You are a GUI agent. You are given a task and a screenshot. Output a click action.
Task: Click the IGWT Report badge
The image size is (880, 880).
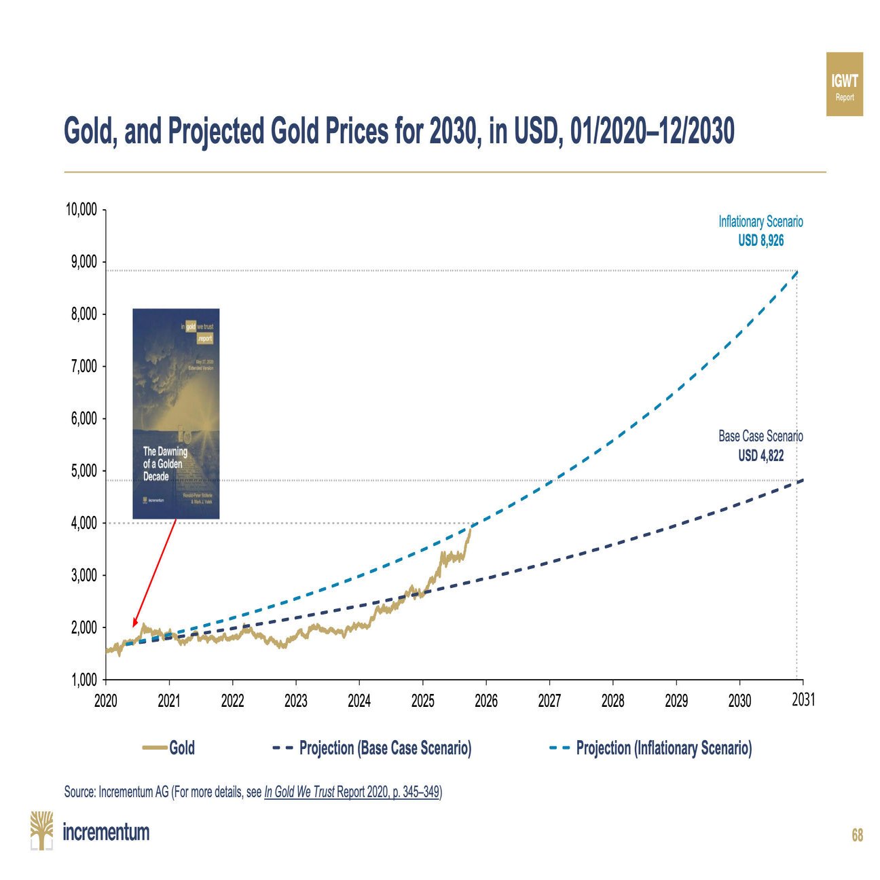click(844, 84)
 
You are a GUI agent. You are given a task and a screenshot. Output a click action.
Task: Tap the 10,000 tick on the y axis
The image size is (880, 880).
click(81, 209)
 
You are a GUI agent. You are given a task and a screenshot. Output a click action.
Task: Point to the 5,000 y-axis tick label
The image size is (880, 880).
click(84, 471)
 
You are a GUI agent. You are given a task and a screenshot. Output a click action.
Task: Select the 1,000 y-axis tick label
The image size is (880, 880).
click(84, 680)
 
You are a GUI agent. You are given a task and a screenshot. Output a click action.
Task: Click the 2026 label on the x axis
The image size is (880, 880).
click(485, 700)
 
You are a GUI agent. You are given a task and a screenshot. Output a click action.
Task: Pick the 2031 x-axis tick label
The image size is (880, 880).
click(803, 699)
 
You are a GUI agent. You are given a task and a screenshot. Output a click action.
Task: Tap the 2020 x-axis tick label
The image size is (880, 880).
click(105, 700)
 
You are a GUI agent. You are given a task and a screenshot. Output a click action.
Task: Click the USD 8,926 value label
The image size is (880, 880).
click(760, 240)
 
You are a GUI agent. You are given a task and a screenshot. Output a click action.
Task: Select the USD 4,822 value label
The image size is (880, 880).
click(760, 455)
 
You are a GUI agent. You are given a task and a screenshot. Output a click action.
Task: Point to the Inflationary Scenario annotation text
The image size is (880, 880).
click(760, 221)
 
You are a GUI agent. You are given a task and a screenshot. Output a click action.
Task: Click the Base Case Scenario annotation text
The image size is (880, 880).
click(760, 436)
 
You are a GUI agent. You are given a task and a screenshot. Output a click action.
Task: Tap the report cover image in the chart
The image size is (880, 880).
click(176, 414)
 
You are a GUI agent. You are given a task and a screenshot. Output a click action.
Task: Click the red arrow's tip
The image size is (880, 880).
click(134, 626)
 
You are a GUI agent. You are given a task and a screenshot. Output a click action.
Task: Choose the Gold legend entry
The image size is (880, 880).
click(170, 748)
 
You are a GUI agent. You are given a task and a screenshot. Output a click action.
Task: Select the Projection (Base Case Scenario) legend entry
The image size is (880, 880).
click(372, 748)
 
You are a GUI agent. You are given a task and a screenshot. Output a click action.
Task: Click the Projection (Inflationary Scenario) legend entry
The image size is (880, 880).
click(650, 748)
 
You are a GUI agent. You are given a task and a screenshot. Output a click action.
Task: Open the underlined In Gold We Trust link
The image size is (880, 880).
click(299, 792)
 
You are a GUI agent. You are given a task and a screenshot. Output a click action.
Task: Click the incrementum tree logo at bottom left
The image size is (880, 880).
click(41, 830)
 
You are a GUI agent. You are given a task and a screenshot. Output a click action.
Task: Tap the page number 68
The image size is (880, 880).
click(857, 835)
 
